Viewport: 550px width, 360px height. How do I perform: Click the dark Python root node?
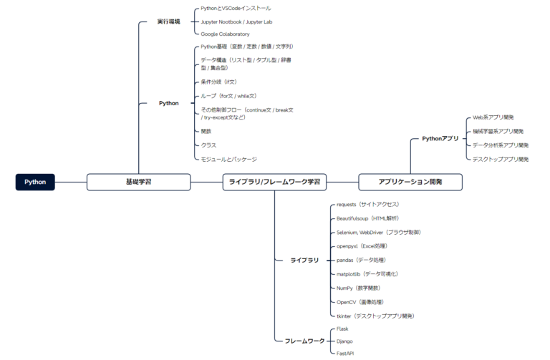[x=35, y=182]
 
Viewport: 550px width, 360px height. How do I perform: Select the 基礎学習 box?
[x=138, y=182]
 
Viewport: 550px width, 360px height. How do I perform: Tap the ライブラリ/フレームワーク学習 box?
[x=274, y=182]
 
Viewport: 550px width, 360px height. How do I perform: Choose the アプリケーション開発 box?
[x=410, y=182]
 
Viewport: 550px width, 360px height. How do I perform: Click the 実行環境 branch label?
[x=169, y=21]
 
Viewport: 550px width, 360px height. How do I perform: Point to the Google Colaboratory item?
[x=225, y=34]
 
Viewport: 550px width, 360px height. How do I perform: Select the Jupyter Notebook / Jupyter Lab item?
[x=236, y=21]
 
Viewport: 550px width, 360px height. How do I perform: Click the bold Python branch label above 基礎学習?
[x=169, y=103]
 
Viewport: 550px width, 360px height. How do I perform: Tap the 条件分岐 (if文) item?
[x=219, y=82]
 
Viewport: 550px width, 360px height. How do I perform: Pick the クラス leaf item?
[x=208, y=145]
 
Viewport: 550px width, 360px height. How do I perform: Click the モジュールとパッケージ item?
[x=228, y=159]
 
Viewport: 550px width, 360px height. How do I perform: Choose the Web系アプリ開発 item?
[x=493, y=117]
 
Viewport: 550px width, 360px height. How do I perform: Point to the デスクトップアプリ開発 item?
[x=501, y=159]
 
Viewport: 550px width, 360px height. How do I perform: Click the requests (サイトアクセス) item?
[x=367, y=205]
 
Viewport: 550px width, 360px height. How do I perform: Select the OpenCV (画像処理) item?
[x=360, y=302]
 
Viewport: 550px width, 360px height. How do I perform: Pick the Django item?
[x=344, y=341]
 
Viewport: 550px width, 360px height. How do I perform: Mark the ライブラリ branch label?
[x=304, y=260]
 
